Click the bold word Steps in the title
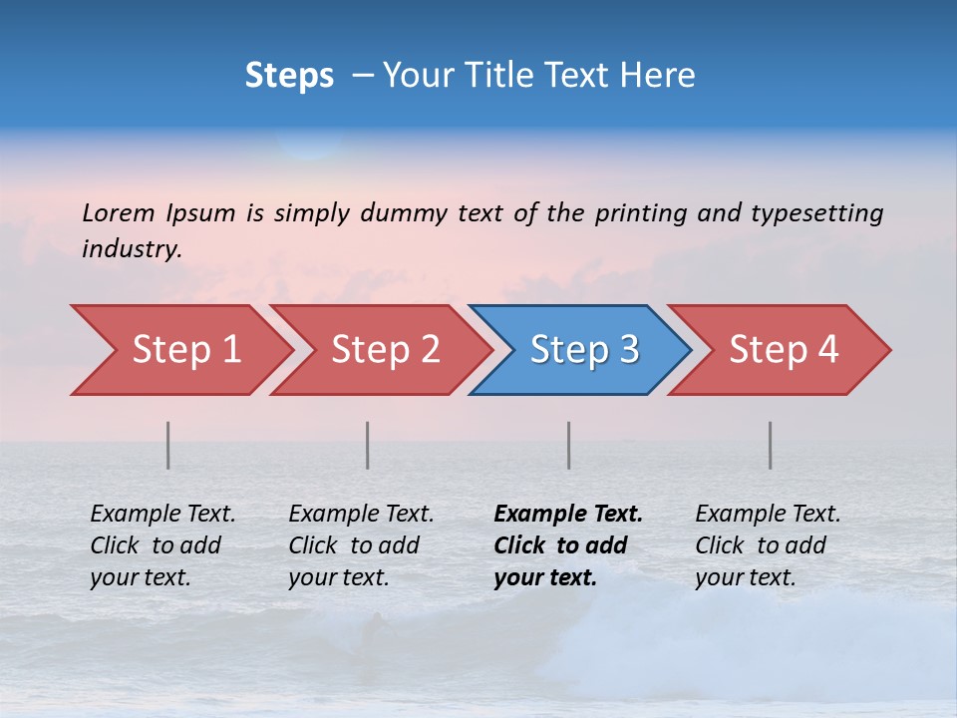click(x=289, y=76)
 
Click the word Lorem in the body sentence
click(x=119, y=212)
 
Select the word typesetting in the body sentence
click(x=816, y=213)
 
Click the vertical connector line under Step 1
click(x=168, y=445)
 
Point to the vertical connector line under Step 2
click(x=368, y=445)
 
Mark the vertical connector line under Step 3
click(x=569, y=445)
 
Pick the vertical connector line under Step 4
click(x=771, y=445)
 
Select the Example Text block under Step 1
click(x=162, y=545)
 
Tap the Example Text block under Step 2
click(x=361, y=545)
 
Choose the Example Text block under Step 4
click(x=768, y=545)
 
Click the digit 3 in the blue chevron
click(x=628, y=350)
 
